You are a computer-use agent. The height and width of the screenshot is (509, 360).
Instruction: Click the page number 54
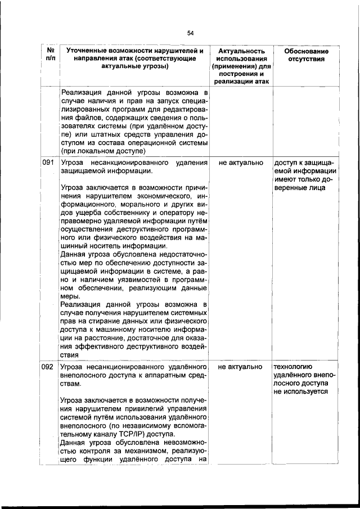191,33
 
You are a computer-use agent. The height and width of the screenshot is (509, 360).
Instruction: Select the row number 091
48,163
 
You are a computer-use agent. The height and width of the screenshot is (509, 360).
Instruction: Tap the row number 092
48,367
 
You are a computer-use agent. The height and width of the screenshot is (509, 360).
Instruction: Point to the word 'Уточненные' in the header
87,51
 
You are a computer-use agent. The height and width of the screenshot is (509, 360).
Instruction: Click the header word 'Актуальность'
241,51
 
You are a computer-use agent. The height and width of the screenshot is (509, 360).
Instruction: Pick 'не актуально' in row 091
241,163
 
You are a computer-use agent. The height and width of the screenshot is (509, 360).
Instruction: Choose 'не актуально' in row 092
241,367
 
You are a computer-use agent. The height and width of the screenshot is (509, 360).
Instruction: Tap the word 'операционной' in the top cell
151,143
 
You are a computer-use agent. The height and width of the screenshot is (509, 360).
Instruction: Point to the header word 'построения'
241,74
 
